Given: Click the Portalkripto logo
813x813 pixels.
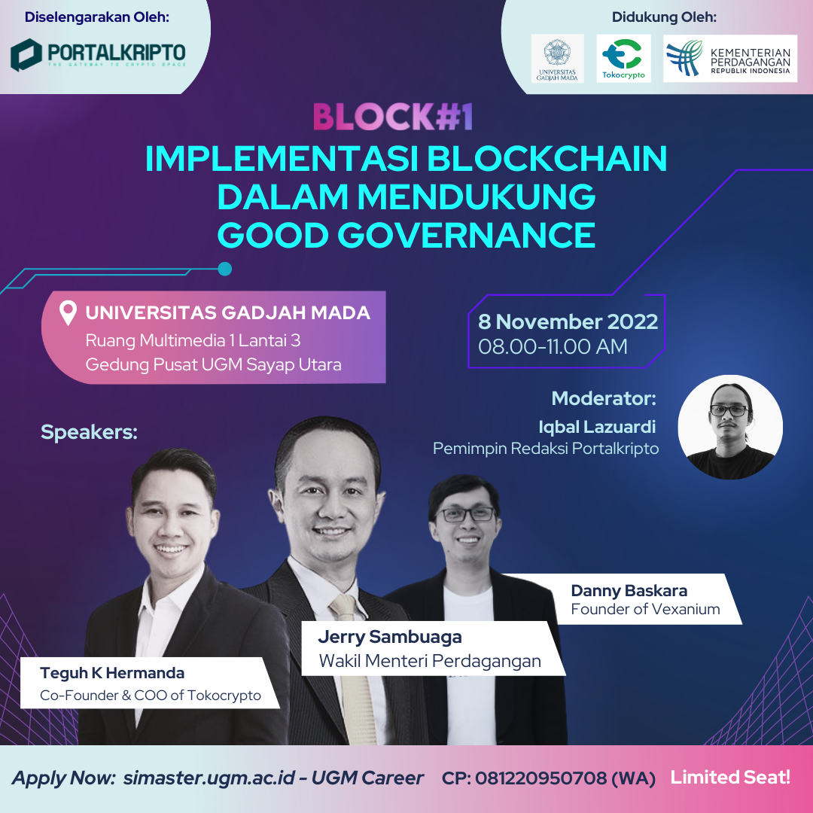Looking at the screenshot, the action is [99, 54].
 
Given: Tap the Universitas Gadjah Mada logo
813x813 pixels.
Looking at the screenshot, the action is [557, 59].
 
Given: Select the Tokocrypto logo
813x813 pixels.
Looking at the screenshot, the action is [624, 59].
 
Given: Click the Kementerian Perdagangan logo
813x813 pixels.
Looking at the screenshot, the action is [730, 59].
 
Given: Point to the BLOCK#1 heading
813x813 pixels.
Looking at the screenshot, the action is [393, 117].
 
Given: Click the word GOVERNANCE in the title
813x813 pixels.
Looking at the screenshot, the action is [467, 235].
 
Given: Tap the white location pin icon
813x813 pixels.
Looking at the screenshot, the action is [68, 313].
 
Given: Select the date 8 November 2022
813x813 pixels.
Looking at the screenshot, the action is [568, 321].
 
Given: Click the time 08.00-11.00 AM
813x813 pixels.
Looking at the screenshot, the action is [553, 346].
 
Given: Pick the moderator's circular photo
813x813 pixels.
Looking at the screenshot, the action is [730, 427].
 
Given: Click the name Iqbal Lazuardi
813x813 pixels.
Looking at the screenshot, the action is [597, 427].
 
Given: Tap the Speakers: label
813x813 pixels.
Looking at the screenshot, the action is [89, 432].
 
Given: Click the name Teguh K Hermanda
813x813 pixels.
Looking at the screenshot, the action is [112, 673].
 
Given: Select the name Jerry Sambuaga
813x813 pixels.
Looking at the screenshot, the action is [390, 638].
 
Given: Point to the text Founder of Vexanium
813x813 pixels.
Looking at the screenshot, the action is [646, 609].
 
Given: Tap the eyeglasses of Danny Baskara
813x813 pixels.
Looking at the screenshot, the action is [465, 514].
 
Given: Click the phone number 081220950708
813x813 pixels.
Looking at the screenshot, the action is [540, 778].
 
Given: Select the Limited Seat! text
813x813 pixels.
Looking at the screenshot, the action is [730, 777].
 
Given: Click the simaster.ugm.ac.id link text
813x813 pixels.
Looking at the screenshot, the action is [209, 778].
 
